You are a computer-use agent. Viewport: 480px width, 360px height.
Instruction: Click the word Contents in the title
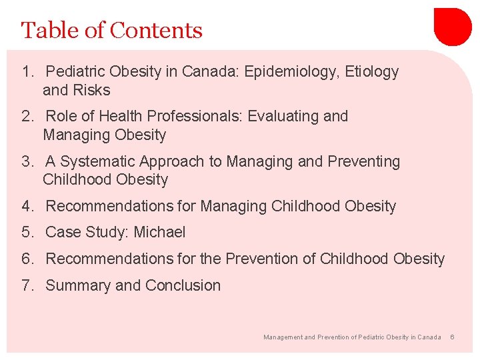click(x=156, y=31)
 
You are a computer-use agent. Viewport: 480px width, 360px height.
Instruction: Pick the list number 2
click(x=27, y=117)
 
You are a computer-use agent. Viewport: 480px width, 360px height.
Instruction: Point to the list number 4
click(x=27, y=207)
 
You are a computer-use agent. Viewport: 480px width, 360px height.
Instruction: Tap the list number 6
click(x=27, y=259)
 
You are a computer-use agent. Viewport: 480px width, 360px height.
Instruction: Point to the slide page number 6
click(x=452, y=337)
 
